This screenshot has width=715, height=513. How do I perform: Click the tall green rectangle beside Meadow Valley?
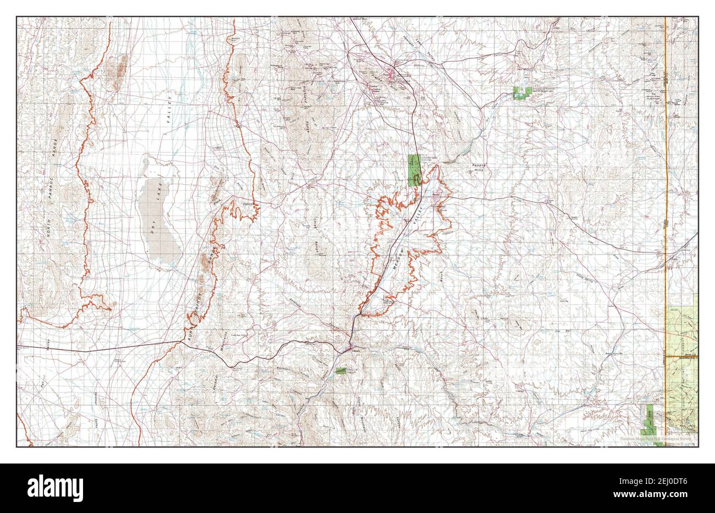(x=414, y=169)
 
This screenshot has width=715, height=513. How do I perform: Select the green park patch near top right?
(x=521, y=93)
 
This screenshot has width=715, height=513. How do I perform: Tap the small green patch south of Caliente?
(x=341, y=371)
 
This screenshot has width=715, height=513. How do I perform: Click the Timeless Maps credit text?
(x=657, y=439)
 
